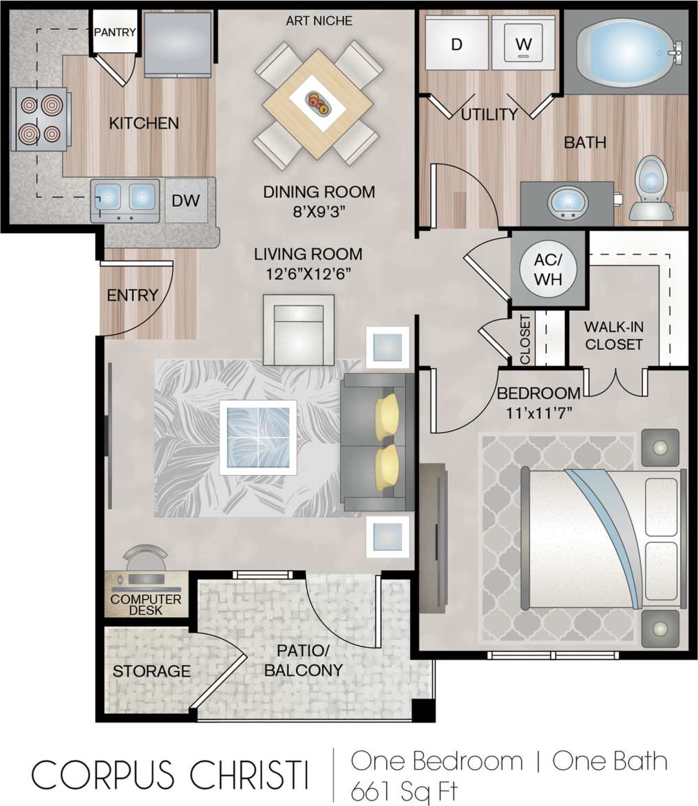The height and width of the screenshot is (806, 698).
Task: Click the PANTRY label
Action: [x=115, y=32]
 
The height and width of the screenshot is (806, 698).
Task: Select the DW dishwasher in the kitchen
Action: [x=185, y=201]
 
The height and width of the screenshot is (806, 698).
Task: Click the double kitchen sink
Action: [x=125, y=199]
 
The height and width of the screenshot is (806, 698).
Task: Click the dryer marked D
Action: [x=456, y=44]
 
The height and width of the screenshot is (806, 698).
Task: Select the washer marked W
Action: [x=524, y=44]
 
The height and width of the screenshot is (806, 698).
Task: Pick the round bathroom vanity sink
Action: [x=567, y=202]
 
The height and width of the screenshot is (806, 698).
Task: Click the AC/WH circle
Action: [x=548, y=268]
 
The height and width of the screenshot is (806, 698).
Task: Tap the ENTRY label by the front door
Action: [x=133, y=295]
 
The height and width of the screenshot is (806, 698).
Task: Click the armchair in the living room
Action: [x=298, y=329]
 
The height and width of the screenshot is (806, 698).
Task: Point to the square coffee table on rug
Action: [x=258, y=437]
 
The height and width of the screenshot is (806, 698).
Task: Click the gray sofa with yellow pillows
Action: [x=377, y=442]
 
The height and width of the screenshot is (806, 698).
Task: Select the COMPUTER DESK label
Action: [x=146, y=604]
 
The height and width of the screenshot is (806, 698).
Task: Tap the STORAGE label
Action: [x=151, y=671]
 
